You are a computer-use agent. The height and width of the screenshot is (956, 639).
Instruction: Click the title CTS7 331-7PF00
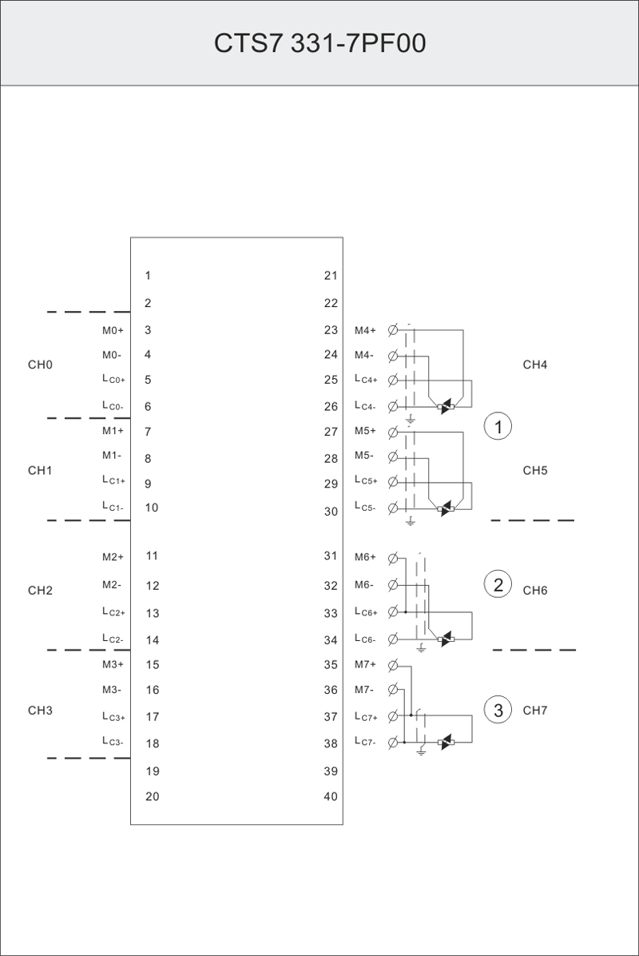pyautogui.click(x=319, y=43)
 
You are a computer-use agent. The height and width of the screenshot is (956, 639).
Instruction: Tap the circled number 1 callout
pyautogui.click(x=498, y=427)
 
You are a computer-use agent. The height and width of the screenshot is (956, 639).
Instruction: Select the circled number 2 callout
pyautogui.click(x=498, y=584)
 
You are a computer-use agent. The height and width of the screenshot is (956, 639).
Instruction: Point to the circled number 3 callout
pyautogui.click(x=498, y=710)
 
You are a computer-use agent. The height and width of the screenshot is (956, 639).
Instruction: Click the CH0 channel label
pyautogui.click(x=40, y=365)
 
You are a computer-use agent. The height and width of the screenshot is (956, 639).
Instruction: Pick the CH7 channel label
pyautogui.click(x=535, y=710)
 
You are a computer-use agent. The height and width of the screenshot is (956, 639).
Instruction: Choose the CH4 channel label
pyautogui.click(x=535, y=365)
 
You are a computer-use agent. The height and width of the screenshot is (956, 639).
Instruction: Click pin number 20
pyautogui.click(x=152, y=796)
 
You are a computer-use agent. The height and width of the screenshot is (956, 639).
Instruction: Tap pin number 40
pyautogui.click(x=331, y=796)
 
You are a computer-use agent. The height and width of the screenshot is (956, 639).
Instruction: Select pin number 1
pyautogui.click(x=148, y=276)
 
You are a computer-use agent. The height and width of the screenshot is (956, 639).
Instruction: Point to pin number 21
pyautogui.click(x=331, y=276)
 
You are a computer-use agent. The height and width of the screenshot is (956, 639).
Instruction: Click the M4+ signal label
pyautogui.click(x=365, y=330)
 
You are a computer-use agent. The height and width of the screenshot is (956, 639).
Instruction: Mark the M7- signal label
pyautogui.click(x=364, y=690)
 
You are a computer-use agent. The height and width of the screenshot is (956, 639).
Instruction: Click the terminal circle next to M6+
pyautogui.click(x=392, y=557)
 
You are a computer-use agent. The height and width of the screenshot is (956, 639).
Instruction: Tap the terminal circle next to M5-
pyautogui.click(x=392, y=457)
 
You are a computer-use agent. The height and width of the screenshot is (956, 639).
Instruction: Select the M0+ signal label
pyautogui.click(x=113, y=330)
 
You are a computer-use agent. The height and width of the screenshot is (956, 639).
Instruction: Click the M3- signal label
pyautogui.click(x=111, y=690)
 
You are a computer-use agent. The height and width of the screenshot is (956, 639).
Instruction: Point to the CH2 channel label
pyautogui.click(x=40, y=591)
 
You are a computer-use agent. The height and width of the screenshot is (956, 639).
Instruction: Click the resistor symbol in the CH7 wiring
pyautogui.click(x=447, y=743)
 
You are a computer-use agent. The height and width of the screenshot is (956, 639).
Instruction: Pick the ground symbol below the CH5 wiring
pyautogui.click(x=411, y=521)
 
